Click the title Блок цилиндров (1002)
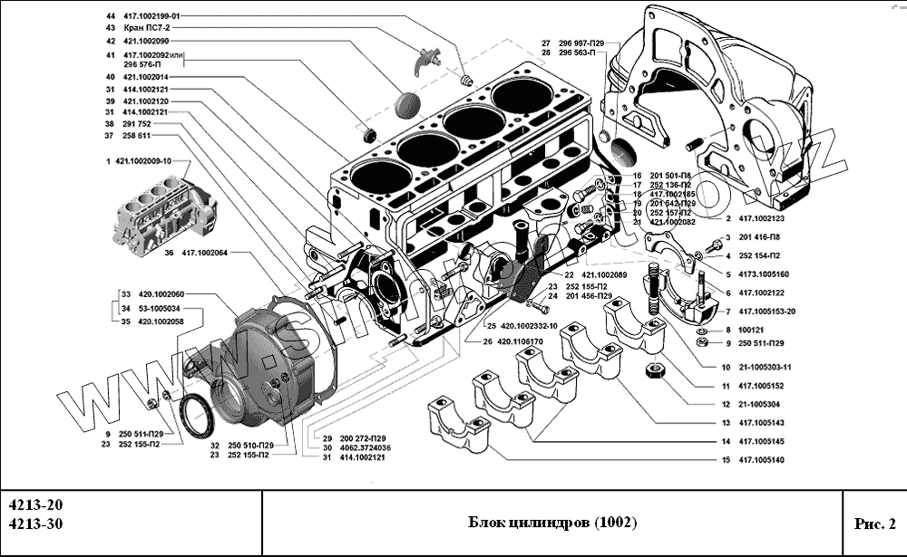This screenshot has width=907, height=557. (551, 523)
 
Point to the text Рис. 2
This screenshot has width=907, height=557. (874, 523)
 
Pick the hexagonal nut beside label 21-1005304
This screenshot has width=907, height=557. (652, 372)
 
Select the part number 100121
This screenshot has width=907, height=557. (753, 331)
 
